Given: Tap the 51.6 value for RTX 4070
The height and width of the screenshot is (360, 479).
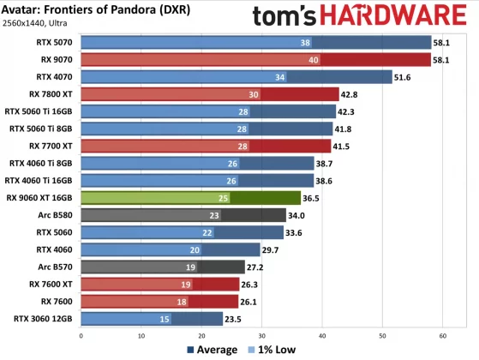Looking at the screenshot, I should click(403, 76).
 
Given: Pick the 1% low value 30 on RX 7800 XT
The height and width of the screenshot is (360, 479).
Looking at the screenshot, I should click(253, 93).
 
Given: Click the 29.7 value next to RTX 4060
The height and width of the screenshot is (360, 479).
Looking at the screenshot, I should click(271, 249).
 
